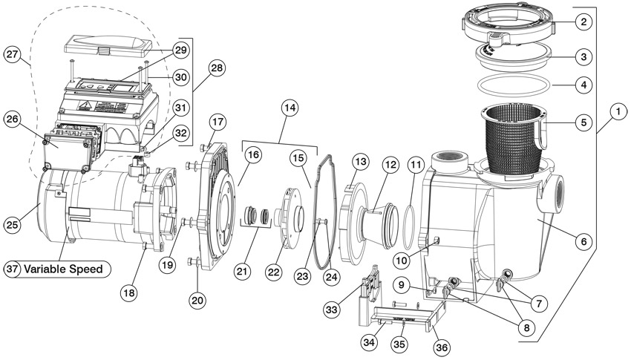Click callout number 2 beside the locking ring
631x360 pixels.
pos(584,22)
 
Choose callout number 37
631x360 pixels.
pos(13,268)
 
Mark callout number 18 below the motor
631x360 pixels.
pos(131,293)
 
